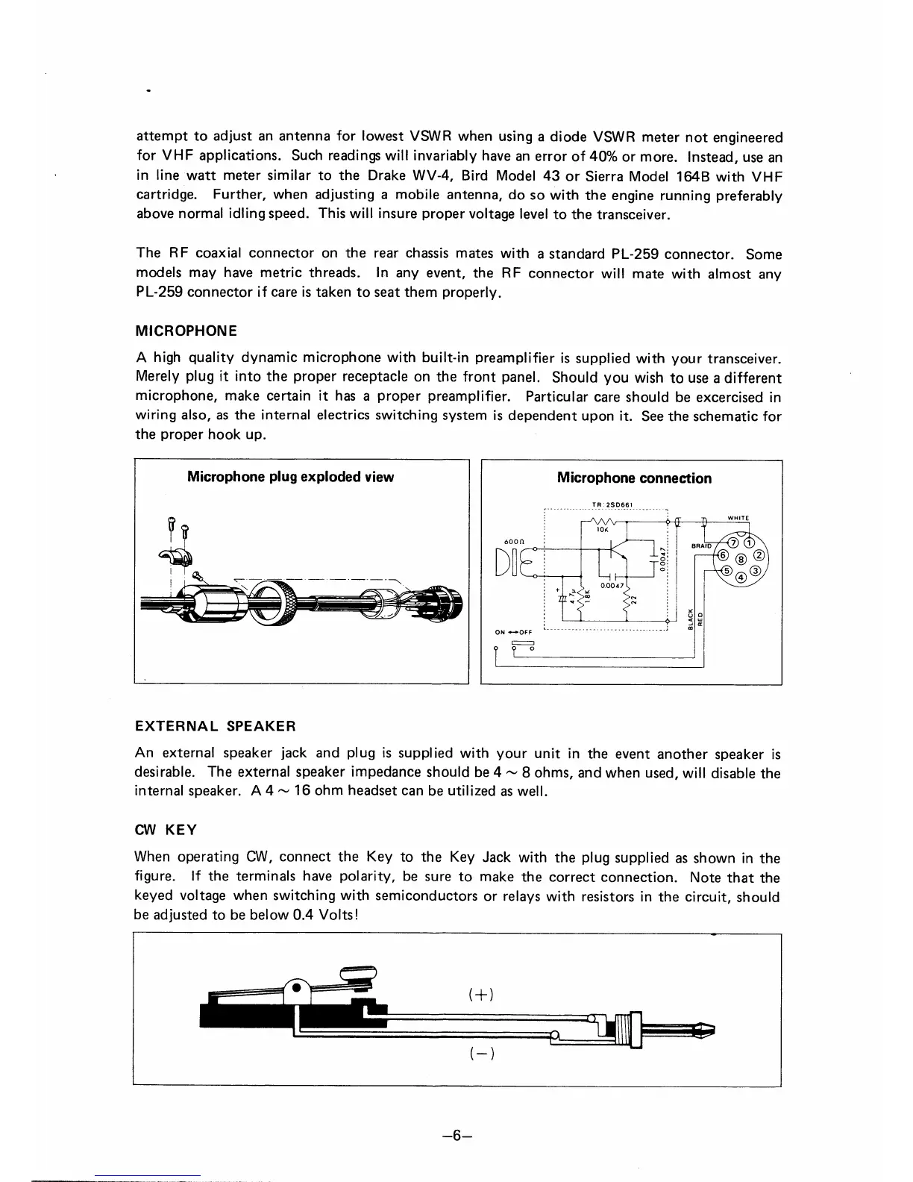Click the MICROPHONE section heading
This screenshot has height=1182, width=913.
click(186, 331)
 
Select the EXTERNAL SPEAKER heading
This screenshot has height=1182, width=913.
click(216, 725)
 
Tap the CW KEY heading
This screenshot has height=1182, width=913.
click(164, 830)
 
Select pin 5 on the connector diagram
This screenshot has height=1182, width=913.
click(724, 571)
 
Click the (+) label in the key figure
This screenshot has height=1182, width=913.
click(483, 995)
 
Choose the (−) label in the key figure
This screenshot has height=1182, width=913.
click(483, 1054)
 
